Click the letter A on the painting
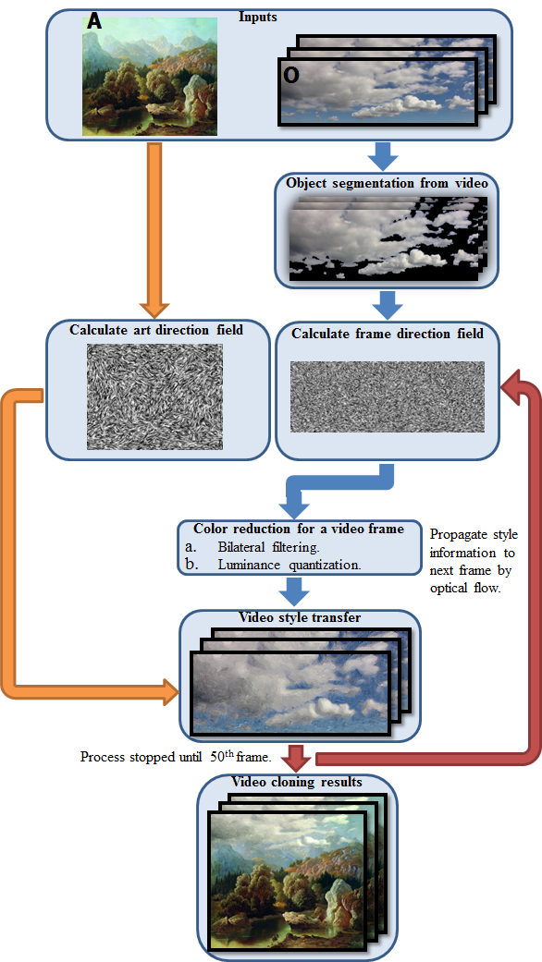click(94, 21)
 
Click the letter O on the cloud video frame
click(292, 75)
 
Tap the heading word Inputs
click(258, 17)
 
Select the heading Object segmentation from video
click(387, 183)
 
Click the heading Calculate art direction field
click(156, 330)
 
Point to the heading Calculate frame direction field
click(388, 335)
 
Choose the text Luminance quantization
click(289, 565)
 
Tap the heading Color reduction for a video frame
click(299, 529)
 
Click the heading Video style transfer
click(300, 617)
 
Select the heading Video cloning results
click(297, 782)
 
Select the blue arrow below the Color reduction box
click(293, 591)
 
